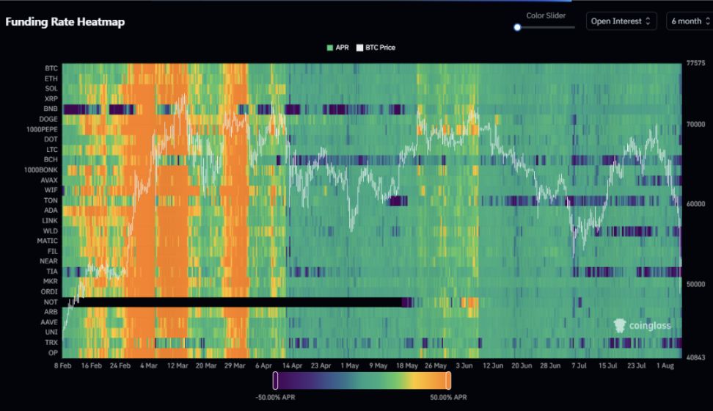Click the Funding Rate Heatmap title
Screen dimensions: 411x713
(65, 22)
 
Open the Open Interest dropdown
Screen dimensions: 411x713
(621, 21)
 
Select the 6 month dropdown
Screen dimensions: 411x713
(689, 21)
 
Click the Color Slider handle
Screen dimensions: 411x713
(517, 27)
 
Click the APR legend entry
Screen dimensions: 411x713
(337, 48)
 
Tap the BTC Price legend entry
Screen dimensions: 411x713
(376, 48)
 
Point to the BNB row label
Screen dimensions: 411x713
(51, 109)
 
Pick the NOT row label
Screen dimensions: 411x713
(51, 302)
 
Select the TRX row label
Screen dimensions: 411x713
(51, 343)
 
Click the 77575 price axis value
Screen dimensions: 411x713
(695, 64)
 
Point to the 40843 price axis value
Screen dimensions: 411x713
(695, 357)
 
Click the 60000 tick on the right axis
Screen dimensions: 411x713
(695, 204)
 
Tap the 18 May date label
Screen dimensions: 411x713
(407, 365)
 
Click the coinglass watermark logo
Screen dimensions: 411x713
(642, 325)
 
